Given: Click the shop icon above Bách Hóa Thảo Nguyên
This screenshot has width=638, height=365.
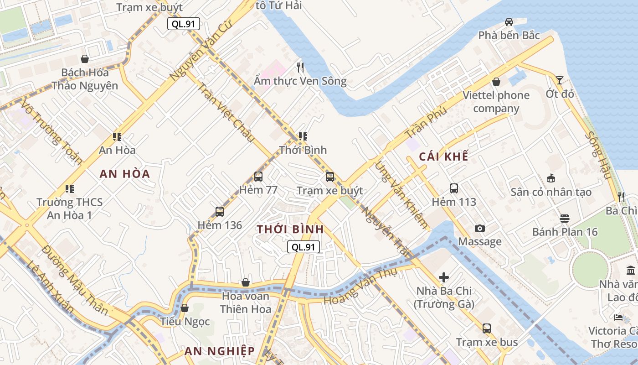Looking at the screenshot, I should (85, 59).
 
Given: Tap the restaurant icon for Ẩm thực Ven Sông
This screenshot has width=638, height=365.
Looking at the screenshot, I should (300, 68).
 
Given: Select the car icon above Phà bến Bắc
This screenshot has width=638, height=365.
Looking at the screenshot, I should (509, 22).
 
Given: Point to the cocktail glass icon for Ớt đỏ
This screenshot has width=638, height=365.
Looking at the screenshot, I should (559, 80).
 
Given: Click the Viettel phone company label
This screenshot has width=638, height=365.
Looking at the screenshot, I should (496, 102).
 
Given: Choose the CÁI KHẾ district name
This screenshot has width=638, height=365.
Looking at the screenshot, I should (443, 156).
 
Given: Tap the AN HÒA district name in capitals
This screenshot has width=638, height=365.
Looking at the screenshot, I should (125, 174).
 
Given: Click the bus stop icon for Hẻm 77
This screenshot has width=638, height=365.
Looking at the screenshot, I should (258, 177).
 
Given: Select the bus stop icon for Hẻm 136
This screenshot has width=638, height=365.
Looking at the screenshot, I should (220, 212).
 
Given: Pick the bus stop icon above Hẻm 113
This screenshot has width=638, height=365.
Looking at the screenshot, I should (453, 188).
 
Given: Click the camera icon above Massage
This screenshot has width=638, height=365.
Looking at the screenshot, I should (479, 228).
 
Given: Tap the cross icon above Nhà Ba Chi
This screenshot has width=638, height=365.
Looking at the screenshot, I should (444, 277).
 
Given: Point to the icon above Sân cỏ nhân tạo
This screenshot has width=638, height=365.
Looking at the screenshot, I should (551, 178).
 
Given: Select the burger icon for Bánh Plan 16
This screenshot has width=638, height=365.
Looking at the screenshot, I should (564, 219).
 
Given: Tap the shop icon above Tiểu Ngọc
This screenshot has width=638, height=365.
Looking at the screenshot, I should (185, 308).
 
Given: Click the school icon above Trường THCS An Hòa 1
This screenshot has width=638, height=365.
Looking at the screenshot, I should (70, 188).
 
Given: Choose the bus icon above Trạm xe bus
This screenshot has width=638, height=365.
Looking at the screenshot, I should (487, 328).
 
